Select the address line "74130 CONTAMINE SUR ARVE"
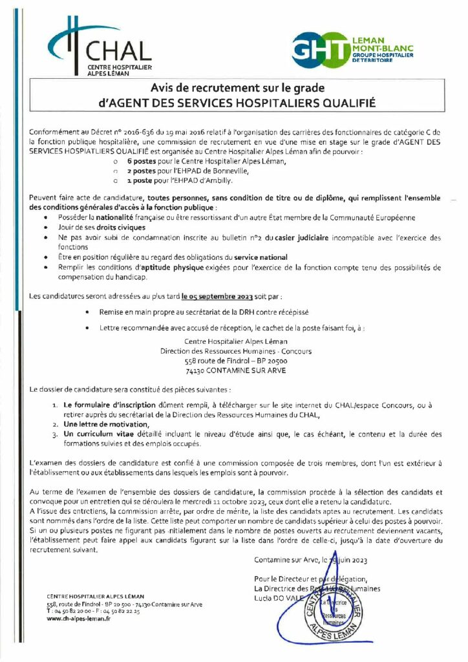pyautogui.click(x=236, y=370)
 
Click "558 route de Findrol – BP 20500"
pyautogui.click(x=236, y=361)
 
